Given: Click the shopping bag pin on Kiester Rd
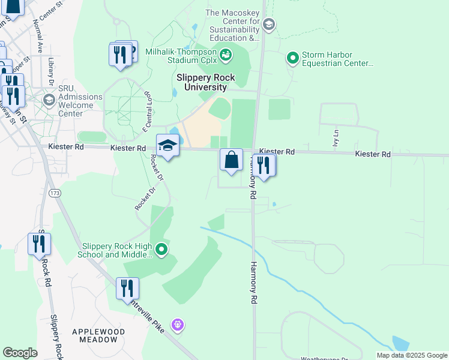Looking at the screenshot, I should [231, 160].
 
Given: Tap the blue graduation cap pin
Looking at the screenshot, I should [168, 146].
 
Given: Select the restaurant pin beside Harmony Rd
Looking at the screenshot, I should [264, 165].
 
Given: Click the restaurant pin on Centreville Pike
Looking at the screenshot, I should [127, 289].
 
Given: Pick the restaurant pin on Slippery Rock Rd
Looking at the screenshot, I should [39, 244].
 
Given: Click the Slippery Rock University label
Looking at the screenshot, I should [206, 82].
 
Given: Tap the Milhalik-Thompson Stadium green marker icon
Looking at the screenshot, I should [226, 56].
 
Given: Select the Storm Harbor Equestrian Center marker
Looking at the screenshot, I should [293, 58].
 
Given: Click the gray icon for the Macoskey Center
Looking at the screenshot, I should [269, 24].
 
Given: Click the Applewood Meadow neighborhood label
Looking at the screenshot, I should [98, 335].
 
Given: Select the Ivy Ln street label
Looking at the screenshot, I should [336, 139].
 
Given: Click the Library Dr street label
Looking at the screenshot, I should [52, 71].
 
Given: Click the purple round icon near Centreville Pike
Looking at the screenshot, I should [177, 325].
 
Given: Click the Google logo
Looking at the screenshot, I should [20, 353].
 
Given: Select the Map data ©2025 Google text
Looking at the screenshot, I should [411, 355].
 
